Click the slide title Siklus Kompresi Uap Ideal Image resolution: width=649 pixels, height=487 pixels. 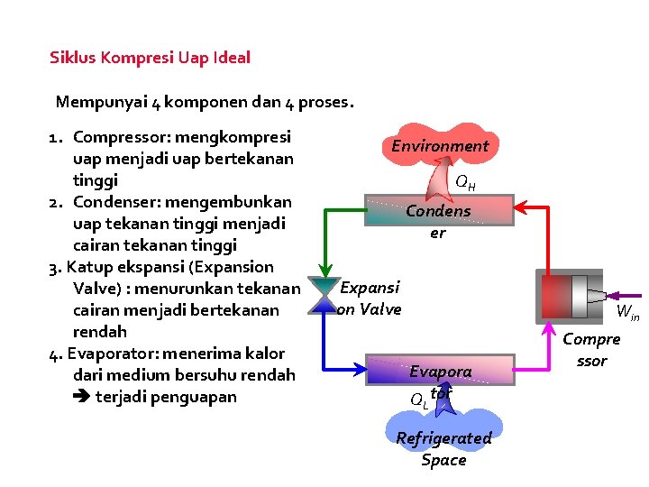(x=150, y=58)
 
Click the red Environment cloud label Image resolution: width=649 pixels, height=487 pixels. (x=440, y=146)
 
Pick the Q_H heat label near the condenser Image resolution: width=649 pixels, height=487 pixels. (x=465, y=182)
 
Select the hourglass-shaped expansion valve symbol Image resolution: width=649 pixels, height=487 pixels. (x=322, y=296)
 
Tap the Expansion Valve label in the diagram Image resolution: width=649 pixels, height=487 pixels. (x=369, y=298)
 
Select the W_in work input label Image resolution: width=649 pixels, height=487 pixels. (x=627, y=314)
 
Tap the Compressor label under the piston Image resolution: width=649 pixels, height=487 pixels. (x=591, y=350)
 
